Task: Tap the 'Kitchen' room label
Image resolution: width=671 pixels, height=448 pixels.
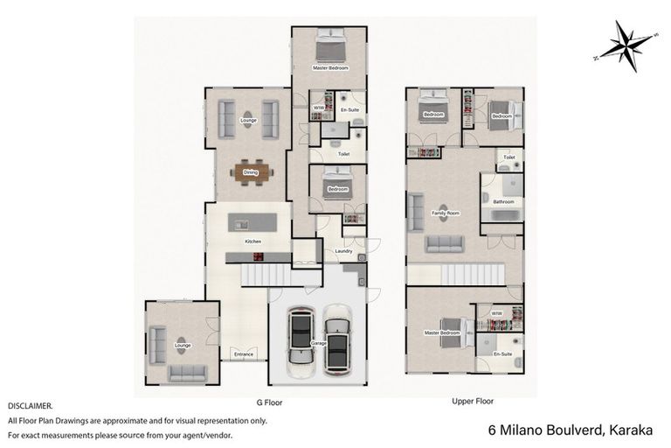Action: click(x=252, y=241)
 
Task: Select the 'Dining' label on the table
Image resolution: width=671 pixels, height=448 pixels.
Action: click(x=250, y=172)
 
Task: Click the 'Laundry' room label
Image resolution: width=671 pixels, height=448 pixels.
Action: click(x=343, y=251)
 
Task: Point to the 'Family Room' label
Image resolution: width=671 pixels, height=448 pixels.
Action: click(x=446, y=213)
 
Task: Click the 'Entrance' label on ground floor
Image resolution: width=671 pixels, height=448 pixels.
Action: click(x=243, y=353)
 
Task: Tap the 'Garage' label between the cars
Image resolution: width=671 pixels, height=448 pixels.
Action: click(x=319, y=344)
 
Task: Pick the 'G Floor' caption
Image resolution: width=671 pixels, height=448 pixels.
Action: click(x=270, y=402)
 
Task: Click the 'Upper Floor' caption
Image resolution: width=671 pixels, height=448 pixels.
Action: click(x=473, y=402)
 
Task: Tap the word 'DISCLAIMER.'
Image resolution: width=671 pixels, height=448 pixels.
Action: click(x=31, y=406)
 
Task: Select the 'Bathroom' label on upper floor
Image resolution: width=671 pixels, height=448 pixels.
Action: click(x=503, y=201)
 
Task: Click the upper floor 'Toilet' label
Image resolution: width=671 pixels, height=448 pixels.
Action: click(x=509, y=158)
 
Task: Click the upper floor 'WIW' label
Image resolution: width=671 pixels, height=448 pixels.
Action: click(x=496, y=312)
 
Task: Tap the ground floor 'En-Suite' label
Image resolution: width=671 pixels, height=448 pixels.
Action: click(x=349, y=109)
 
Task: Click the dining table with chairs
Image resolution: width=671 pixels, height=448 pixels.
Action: click(x=251, y=172)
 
